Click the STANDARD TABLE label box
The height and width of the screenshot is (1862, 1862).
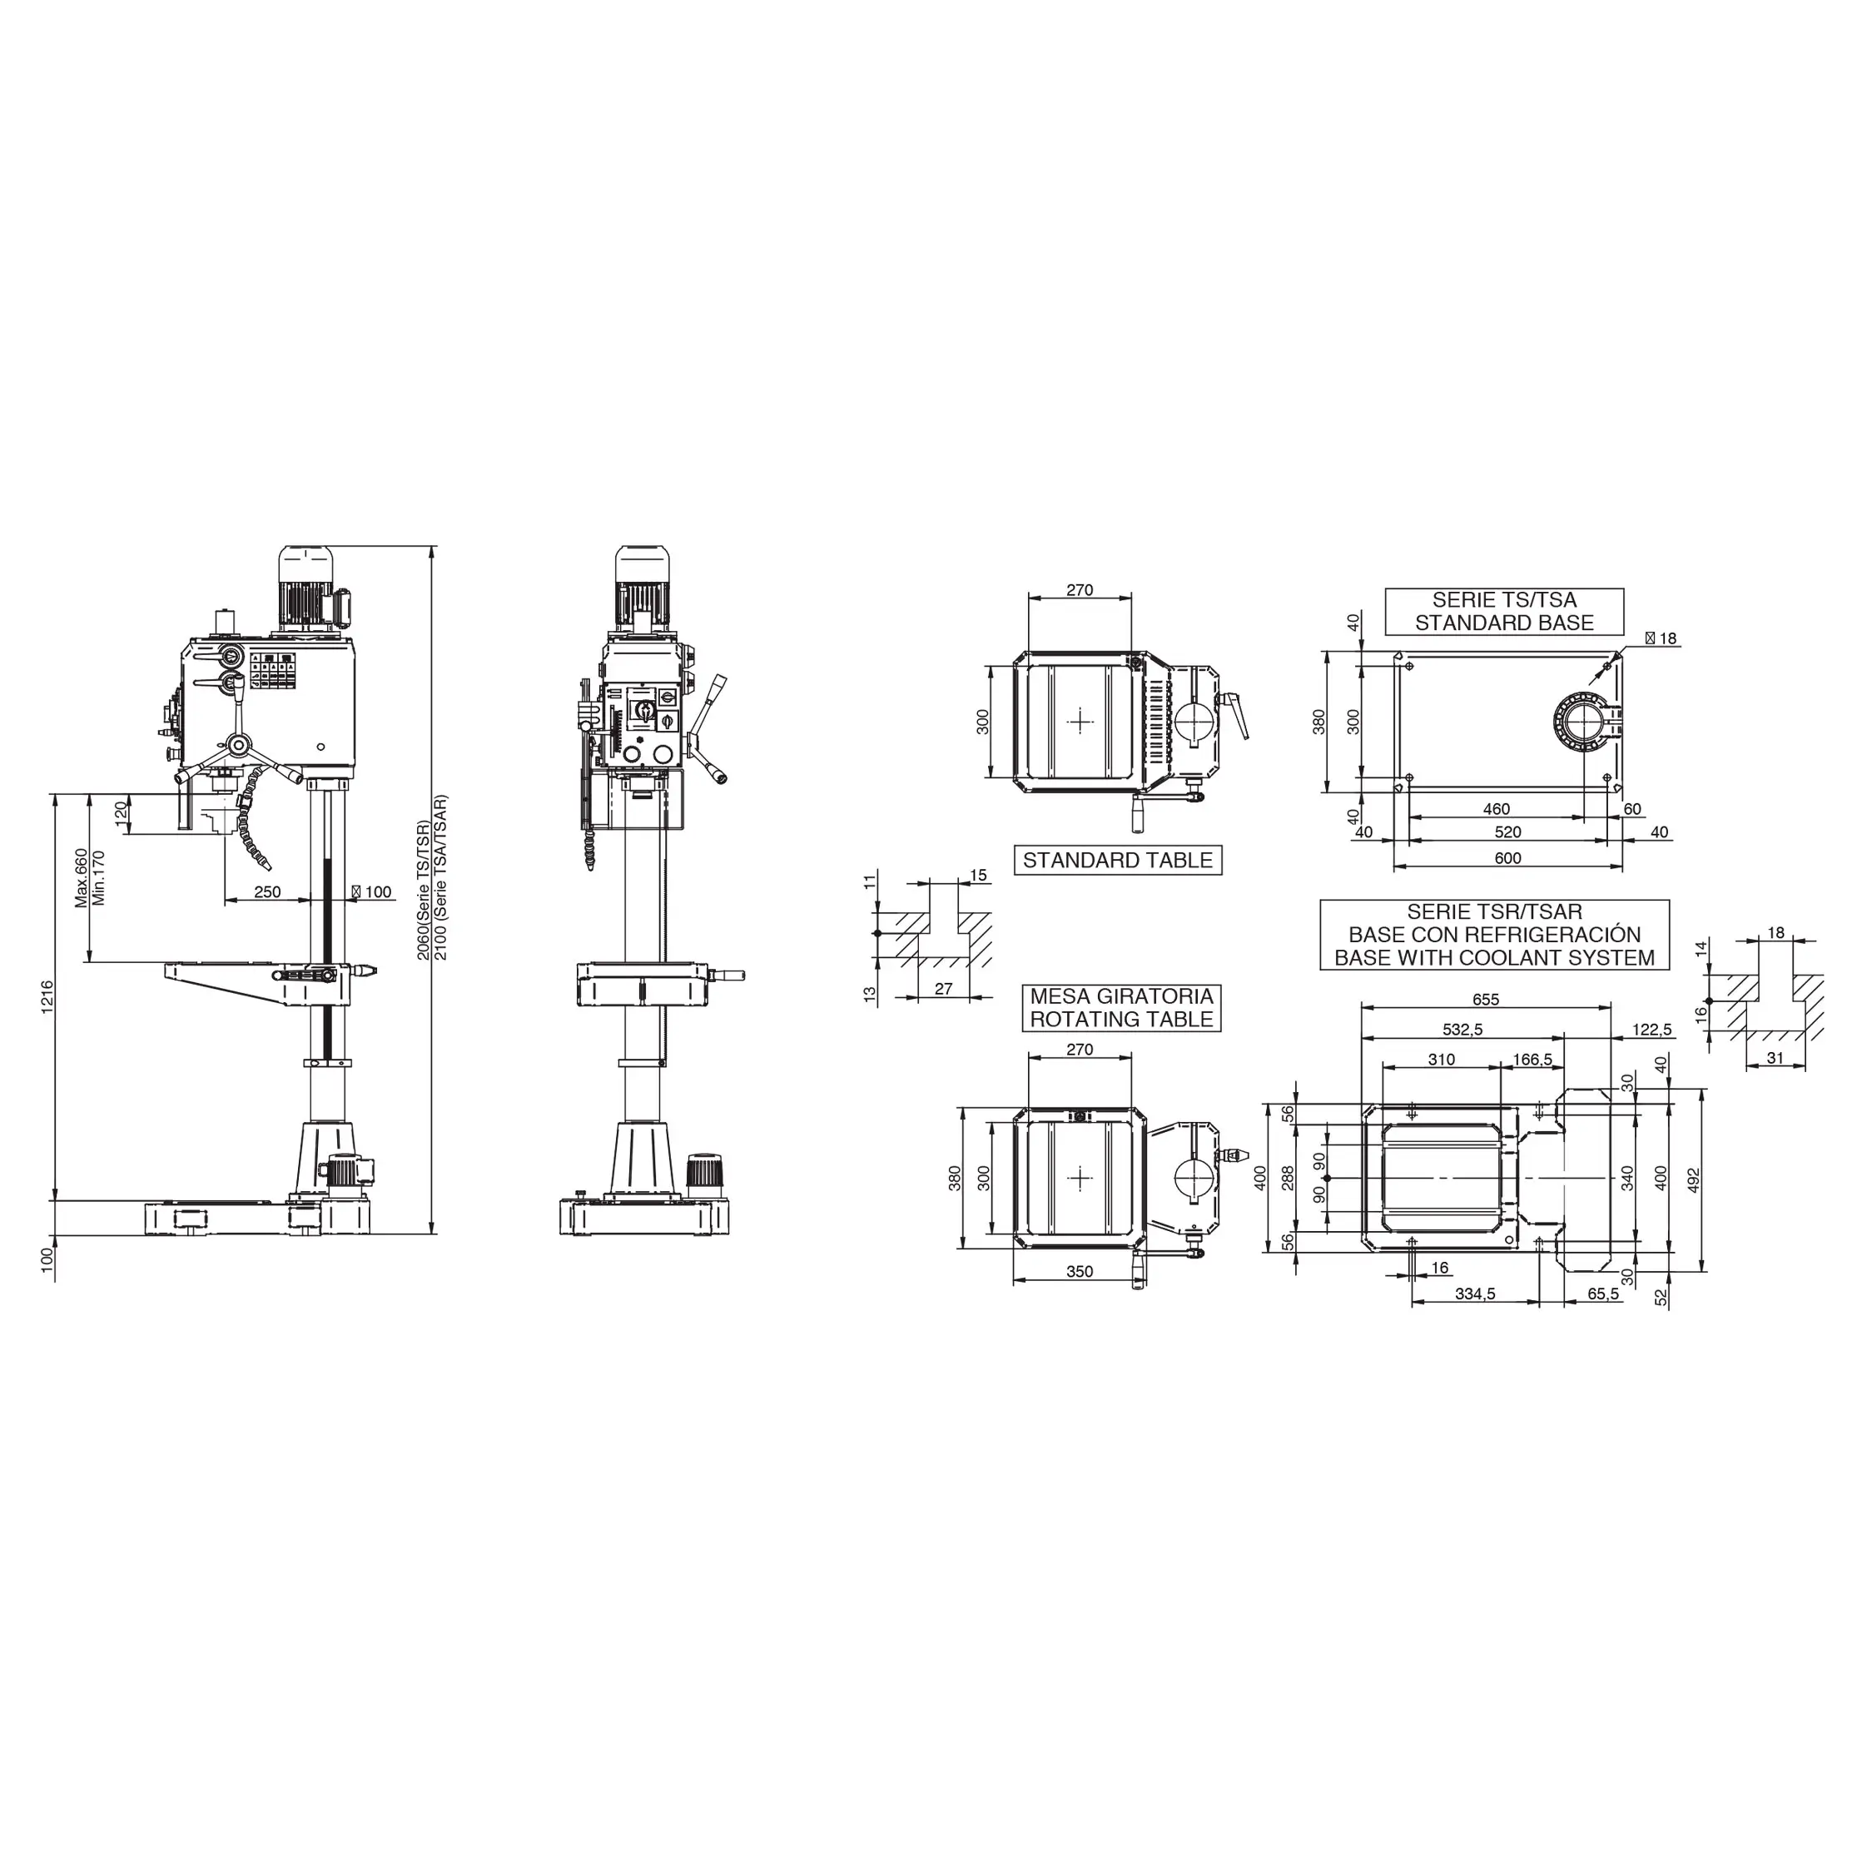(x=1118, y=861)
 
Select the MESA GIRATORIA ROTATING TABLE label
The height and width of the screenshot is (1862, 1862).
(x=1122, y=1008)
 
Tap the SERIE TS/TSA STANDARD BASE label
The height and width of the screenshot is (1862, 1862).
(x=1504, y=612)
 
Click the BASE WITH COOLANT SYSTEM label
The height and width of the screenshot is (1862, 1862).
(x=1495, y=958)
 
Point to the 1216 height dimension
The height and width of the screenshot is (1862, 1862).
(x=47, y=997)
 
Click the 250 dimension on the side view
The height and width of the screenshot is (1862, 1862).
(x=267, y=891)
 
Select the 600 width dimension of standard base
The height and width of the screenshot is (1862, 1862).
(x=1507, y=858)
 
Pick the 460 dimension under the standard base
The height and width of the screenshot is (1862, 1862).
(x=1496, y=808)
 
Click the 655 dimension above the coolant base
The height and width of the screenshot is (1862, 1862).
(x=1485, y=1001)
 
